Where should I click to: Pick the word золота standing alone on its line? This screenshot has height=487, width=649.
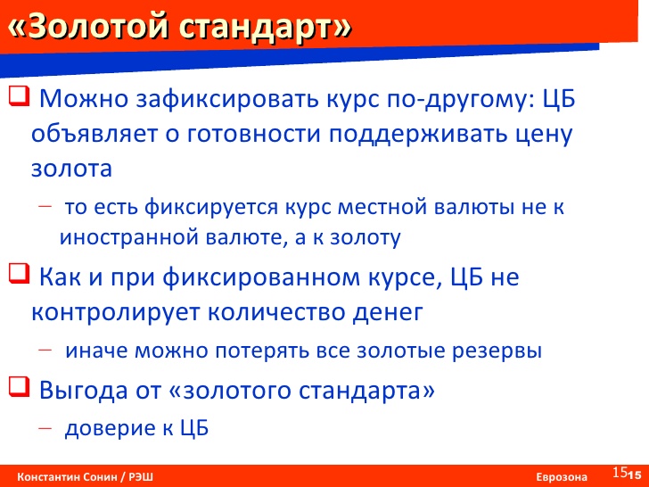click(x=71, y=169)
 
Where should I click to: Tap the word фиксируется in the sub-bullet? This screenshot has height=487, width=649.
click(x=211, y=208)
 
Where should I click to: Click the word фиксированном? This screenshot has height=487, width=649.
click(x=261, y=277)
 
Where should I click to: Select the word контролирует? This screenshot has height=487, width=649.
click(x=116, y=313)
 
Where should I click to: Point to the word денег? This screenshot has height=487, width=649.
click(x=388, y=313)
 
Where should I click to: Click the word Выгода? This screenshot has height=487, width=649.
click(x=83, y=391)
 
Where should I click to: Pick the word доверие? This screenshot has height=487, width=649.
click(x=111, y=428)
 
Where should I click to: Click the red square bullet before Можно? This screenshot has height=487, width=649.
click(x=19, y=96)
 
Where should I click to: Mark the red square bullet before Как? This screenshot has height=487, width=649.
click(x=19, y=274)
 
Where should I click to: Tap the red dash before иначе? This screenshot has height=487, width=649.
click(x=45, y=350)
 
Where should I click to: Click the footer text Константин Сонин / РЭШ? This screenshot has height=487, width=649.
click(x=85, y=476)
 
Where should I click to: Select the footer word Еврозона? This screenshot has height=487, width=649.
click(x=562, y=477)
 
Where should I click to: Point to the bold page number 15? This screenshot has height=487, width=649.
click(x=634, y=475)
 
